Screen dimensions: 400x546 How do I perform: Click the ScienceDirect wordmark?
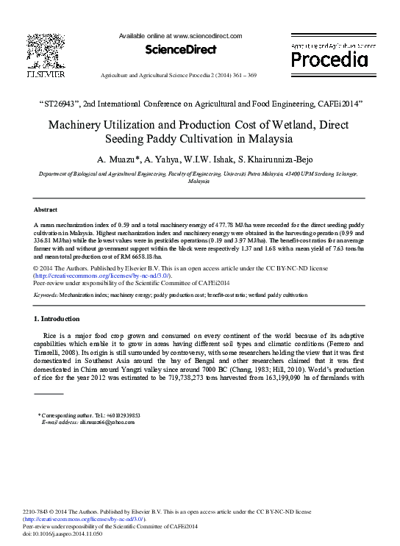(x=181, y=50)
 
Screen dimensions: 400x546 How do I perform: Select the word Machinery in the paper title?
(x=79, y=124)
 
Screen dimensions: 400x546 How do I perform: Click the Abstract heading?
(x=46, y=209)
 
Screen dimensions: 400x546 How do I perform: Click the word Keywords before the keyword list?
(x=46, y=294)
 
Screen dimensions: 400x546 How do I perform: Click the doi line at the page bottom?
(x=63, y=534)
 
